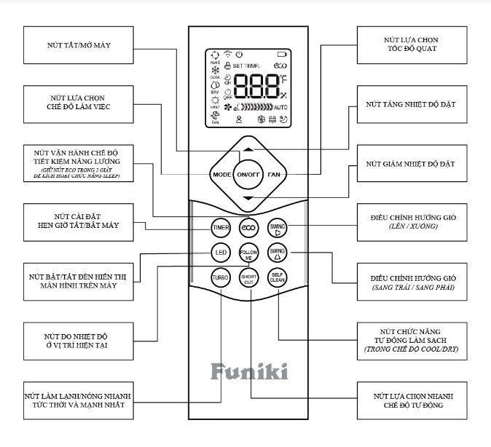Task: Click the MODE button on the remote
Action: coord(221,175)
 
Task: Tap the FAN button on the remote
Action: coord(274,175)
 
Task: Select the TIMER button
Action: coord(221,228)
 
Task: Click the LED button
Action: coord(221,253)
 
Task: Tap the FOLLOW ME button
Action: coord(248,254)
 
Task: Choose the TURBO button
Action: coord(221,277)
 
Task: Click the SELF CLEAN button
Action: coord(277,277)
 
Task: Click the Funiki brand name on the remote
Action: coord(248,371)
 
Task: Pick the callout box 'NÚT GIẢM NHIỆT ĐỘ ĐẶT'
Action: coord(410,164)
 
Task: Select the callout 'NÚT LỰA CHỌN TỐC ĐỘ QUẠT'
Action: coord(410,45)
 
